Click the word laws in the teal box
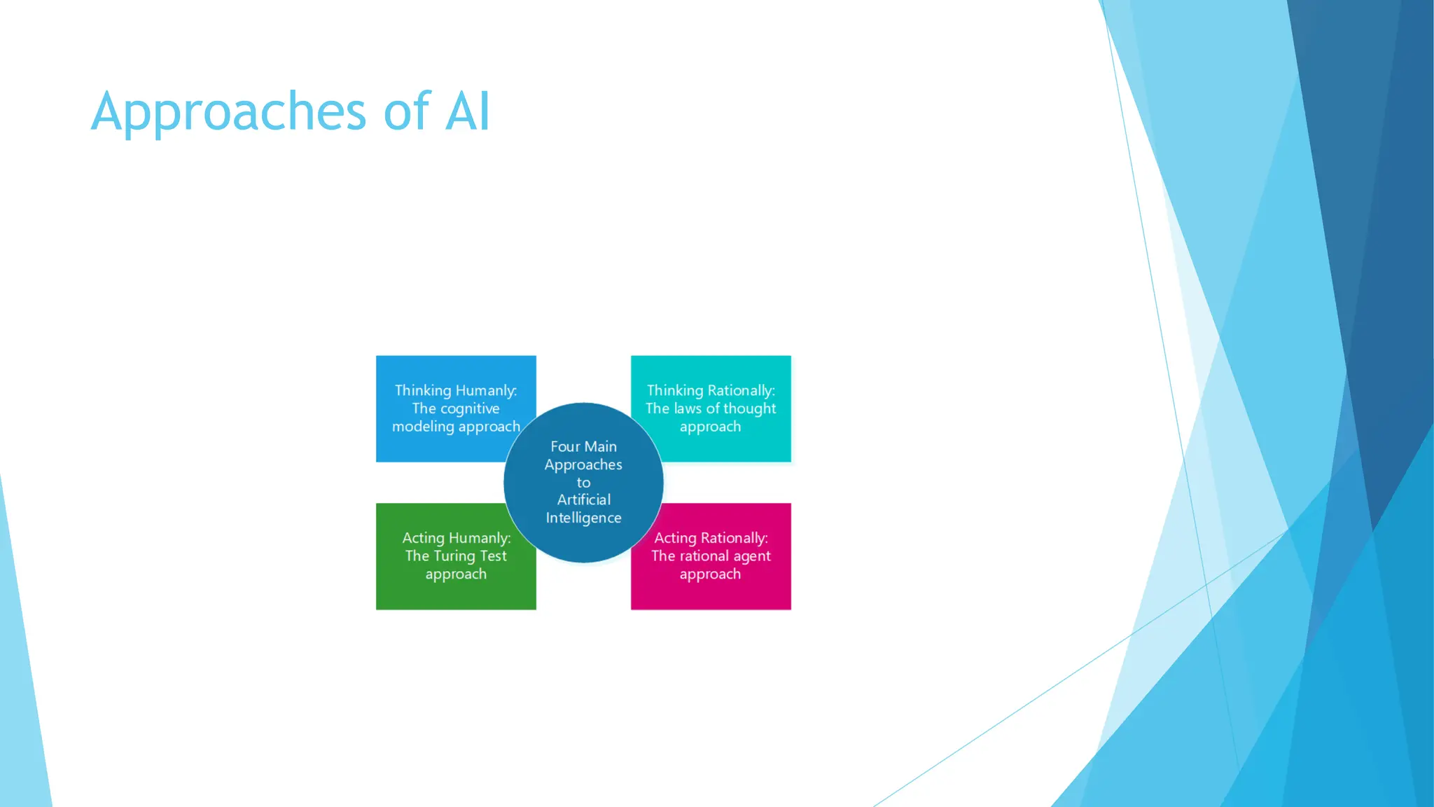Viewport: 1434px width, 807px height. tap(688, 408)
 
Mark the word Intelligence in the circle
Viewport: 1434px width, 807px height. tap(583, 518)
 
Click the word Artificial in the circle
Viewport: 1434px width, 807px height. tap(583, 499)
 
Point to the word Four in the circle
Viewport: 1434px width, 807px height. tap(565, 446)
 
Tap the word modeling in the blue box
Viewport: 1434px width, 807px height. tap(423, 427)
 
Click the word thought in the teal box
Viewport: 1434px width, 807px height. tap(749, 408)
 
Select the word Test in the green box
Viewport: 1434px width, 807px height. tap(493, 556)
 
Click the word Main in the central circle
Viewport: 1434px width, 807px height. tap(601, 446)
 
